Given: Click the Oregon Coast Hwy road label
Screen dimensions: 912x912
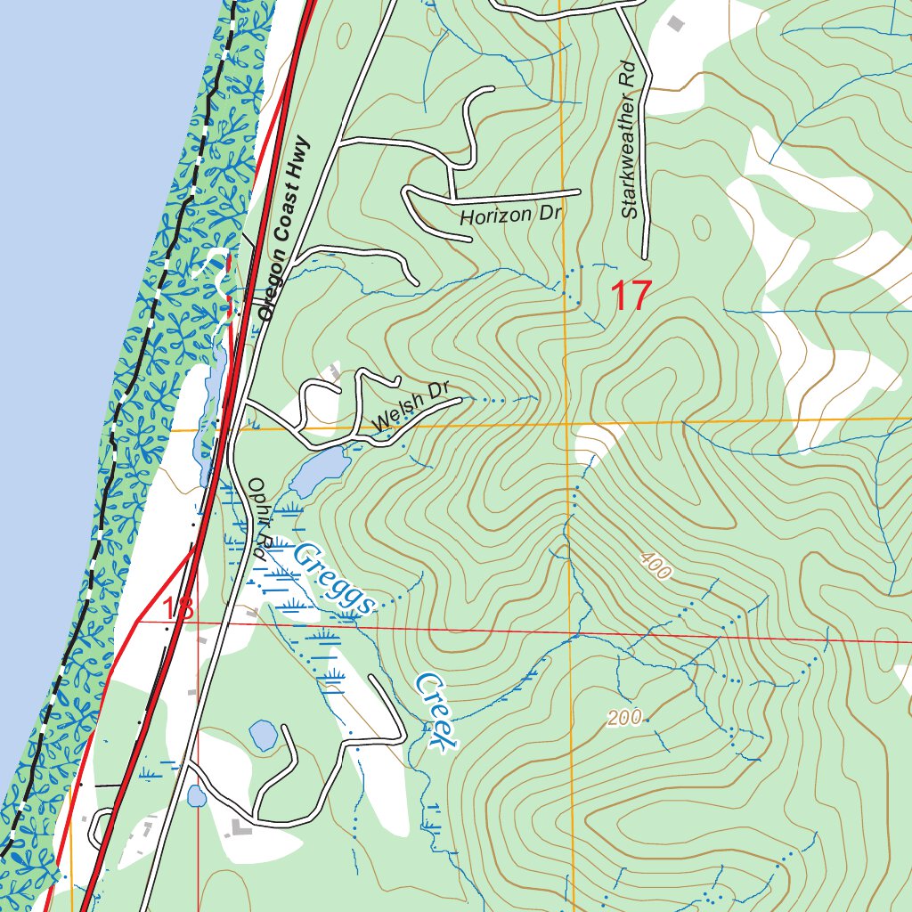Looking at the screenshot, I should coord(282,229).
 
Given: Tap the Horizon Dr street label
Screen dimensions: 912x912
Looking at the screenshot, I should coord(499,215).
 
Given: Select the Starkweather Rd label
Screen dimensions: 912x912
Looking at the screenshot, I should coord(629,140).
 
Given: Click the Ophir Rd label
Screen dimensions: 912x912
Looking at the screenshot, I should coord(257,516).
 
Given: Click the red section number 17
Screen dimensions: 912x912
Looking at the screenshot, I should coord(631,296).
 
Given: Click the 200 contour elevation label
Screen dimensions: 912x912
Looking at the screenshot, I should coord(625,718).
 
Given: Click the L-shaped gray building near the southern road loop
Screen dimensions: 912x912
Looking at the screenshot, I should coord(239,829).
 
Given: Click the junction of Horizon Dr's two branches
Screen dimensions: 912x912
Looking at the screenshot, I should coord(452,199).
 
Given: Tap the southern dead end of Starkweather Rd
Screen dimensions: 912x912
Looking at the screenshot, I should coord(644,257).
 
